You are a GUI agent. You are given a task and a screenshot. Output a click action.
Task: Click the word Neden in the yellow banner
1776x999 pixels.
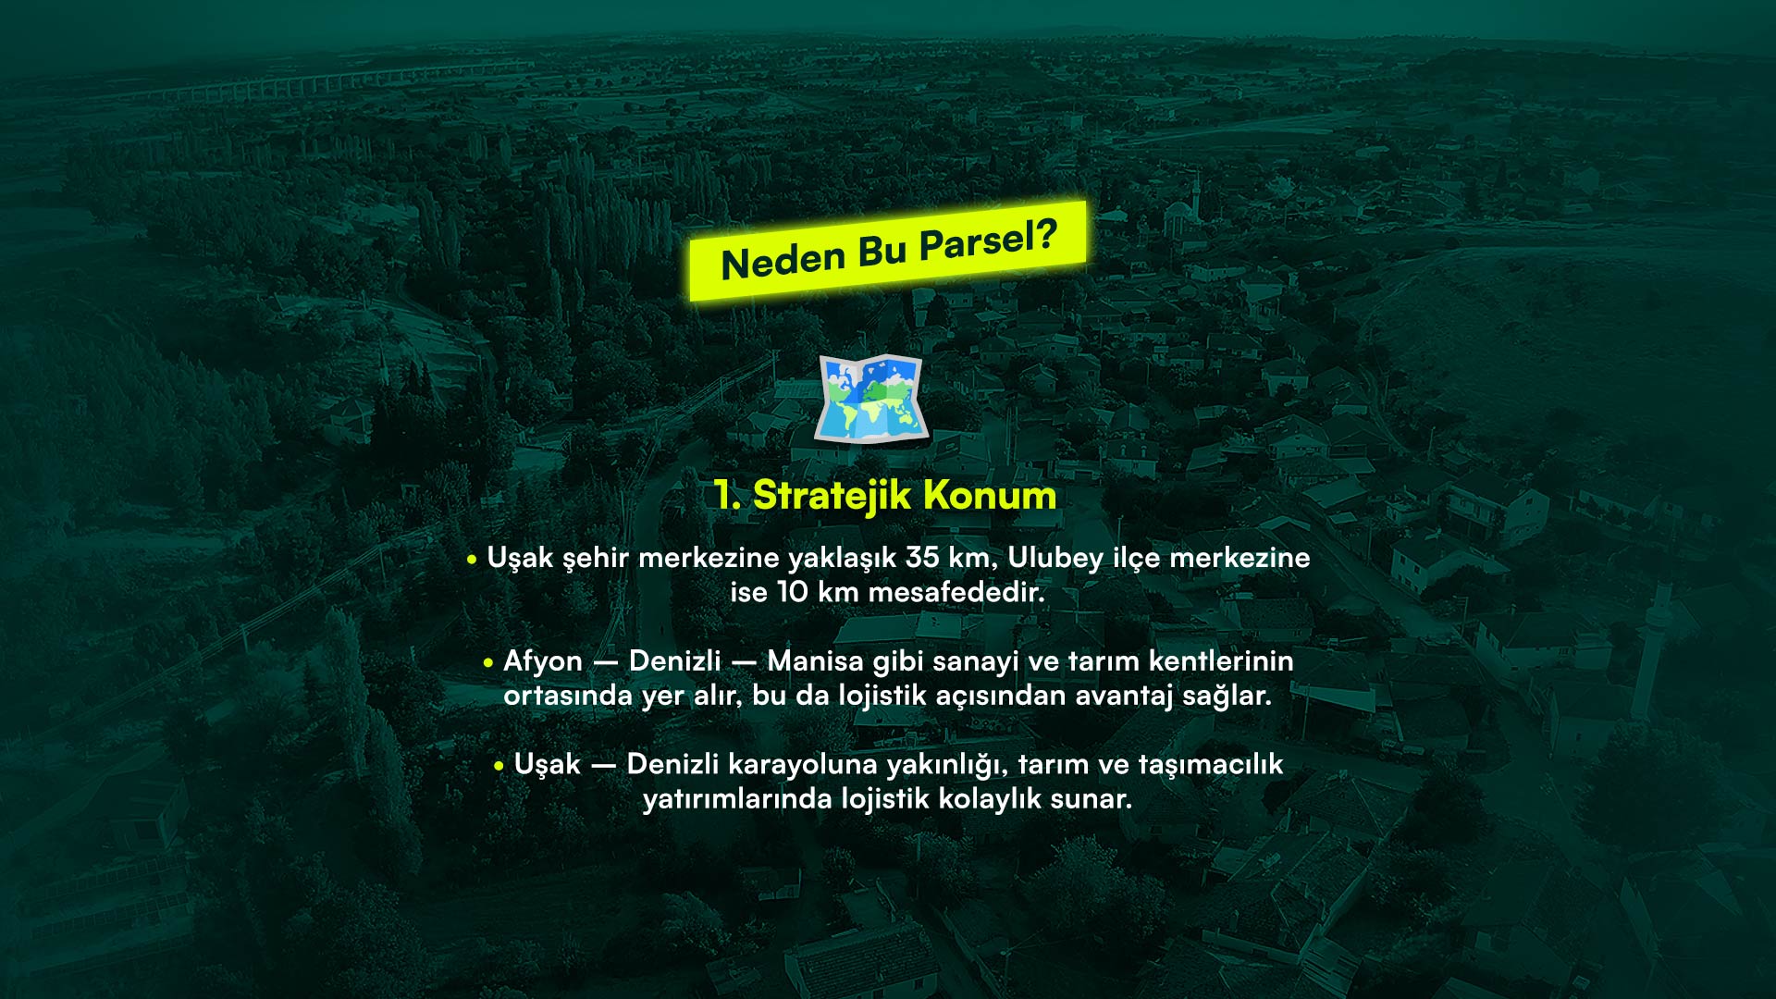pyautogui.click(x=782, y=260)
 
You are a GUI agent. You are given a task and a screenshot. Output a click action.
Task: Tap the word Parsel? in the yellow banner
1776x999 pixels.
pyautogui.click(x=987, y=240)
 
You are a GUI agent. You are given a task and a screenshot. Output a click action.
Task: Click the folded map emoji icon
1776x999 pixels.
pyautogui.click(x=869, y=399)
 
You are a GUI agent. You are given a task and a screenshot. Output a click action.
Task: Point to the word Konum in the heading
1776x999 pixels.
pyautogui.click(x=990, y=496)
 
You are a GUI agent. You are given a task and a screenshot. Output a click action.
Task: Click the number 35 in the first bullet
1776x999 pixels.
pyautogui.click(x=922, y=558)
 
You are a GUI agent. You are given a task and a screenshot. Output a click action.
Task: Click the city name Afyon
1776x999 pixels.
pyautogui.click(x=543, y=662)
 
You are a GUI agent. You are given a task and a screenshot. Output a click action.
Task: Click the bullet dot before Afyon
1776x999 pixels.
pyautogui.click(x=488, y=663)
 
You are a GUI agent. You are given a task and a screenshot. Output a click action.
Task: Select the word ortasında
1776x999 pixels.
pyautogui.click(x=567, y=697)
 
